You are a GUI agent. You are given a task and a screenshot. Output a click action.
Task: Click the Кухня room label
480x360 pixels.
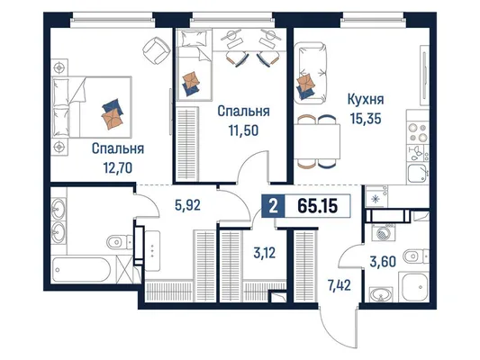click(x=366, y=100)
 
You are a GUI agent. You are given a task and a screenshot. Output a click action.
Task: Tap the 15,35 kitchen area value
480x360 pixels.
click(x=366, y=119)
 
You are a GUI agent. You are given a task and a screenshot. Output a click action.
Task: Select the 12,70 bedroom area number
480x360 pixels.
click(x=118, y=168)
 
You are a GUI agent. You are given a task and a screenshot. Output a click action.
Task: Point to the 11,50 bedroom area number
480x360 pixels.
click(x=243, y=130)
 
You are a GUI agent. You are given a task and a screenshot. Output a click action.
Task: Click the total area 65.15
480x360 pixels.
click(x=318, y=206)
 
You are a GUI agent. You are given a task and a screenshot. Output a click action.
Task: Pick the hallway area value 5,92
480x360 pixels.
click(x=187, y=205)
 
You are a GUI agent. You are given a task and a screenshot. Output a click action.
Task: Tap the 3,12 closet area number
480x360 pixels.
click(x=265, y=253)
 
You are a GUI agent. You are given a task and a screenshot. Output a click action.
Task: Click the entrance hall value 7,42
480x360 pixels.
click(x=339, y=285)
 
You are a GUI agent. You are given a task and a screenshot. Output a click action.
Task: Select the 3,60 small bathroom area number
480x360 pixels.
click(x=383, y=262)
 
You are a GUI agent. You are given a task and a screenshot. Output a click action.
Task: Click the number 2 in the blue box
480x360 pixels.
click(x=273, y=206)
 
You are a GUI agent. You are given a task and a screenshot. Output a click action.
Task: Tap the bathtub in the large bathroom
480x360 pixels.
click(x=81, y=269)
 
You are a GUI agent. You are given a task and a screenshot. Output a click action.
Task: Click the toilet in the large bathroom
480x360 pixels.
click(x=120, y=242)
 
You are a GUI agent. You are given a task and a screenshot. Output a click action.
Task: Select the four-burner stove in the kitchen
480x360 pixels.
click(x=418, y=132)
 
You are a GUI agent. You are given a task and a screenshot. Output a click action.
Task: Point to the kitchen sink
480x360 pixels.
click(x=418, y=174)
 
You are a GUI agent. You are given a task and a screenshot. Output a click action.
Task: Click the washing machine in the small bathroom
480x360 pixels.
click(x=383, y=234)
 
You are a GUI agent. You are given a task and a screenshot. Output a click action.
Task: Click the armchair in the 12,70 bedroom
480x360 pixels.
click(x=157, y=50)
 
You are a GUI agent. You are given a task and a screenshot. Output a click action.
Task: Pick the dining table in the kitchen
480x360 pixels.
click(x=318, y=141)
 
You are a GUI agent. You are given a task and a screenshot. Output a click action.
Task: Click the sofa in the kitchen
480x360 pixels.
click(x=310, y=73)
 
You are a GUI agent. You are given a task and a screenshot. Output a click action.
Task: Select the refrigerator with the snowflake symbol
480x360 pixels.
click(x=376, y=198)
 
